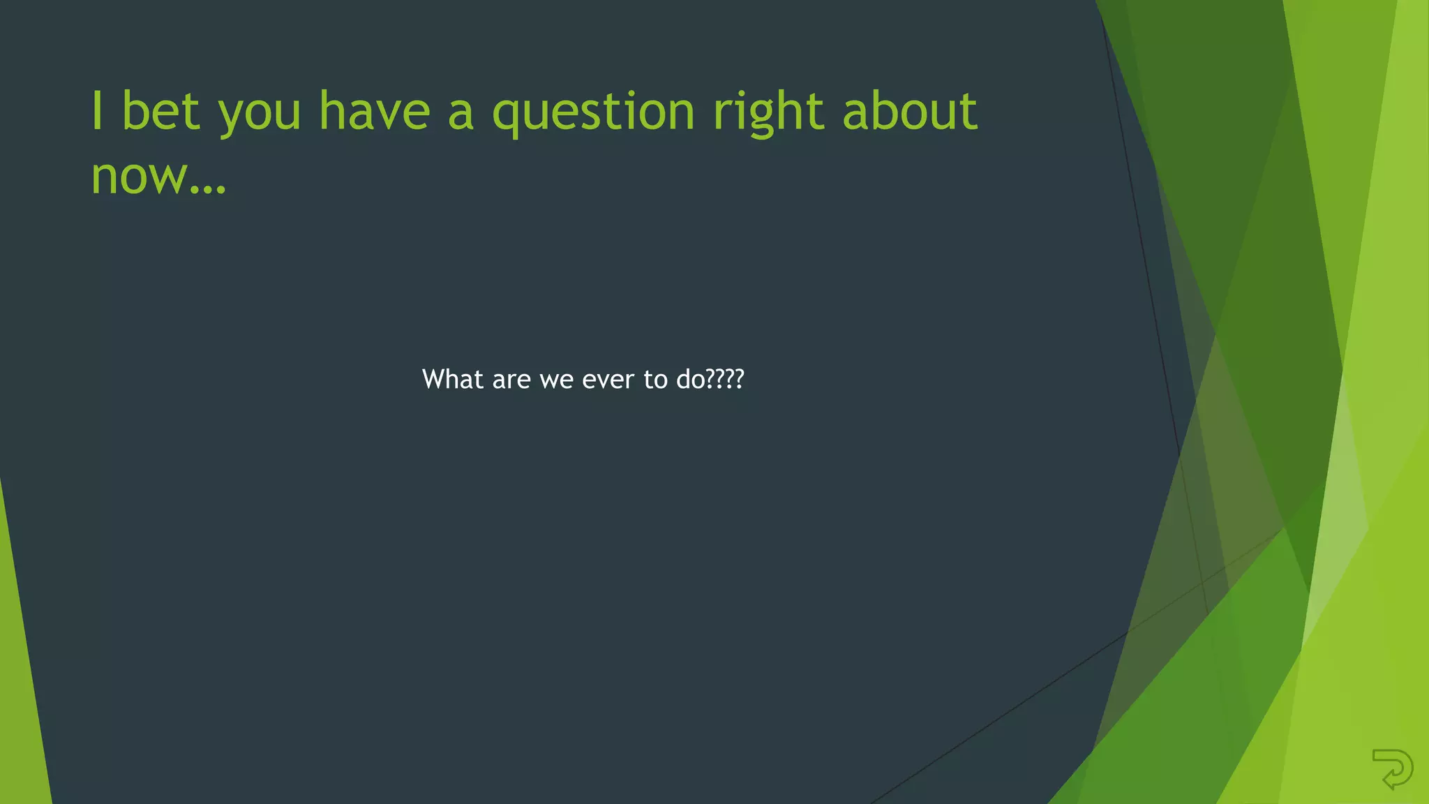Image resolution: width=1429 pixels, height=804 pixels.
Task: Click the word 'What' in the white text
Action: pyautogui.click(x=453, y=379)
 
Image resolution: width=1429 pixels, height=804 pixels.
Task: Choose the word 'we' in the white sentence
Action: pyautogui.click(x=556, y=380)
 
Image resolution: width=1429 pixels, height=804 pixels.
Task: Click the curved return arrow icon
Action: pyautogui.click(x=1393, y=768)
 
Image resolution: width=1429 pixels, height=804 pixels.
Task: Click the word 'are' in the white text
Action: pyautogui.click(x=511, y=380)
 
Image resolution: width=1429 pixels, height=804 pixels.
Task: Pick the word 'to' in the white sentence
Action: pyautogui.click(x=655, y=380)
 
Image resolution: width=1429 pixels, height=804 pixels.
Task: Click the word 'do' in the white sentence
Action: pyautogui.click(x=691, y=379)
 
